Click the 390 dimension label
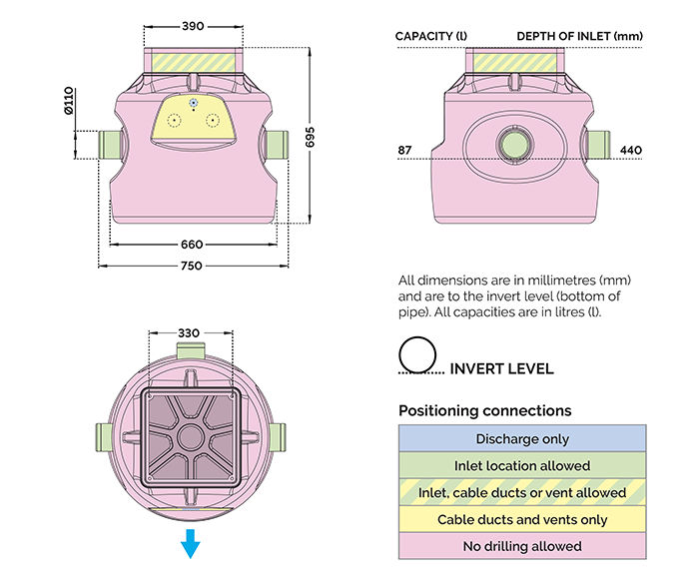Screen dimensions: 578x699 coord(197,26)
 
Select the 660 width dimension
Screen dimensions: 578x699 coord(192,244)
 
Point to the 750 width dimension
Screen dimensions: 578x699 coord(192,266)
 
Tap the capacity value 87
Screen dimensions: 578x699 coord(404,151)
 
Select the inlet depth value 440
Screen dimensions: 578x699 coord(631,151)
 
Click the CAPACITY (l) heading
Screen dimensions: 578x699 coord(431,37)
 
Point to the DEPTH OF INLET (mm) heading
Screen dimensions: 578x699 coord(579,37)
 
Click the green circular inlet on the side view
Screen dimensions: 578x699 coord(515,145)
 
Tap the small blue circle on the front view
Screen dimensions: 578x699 coord(193,103)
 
